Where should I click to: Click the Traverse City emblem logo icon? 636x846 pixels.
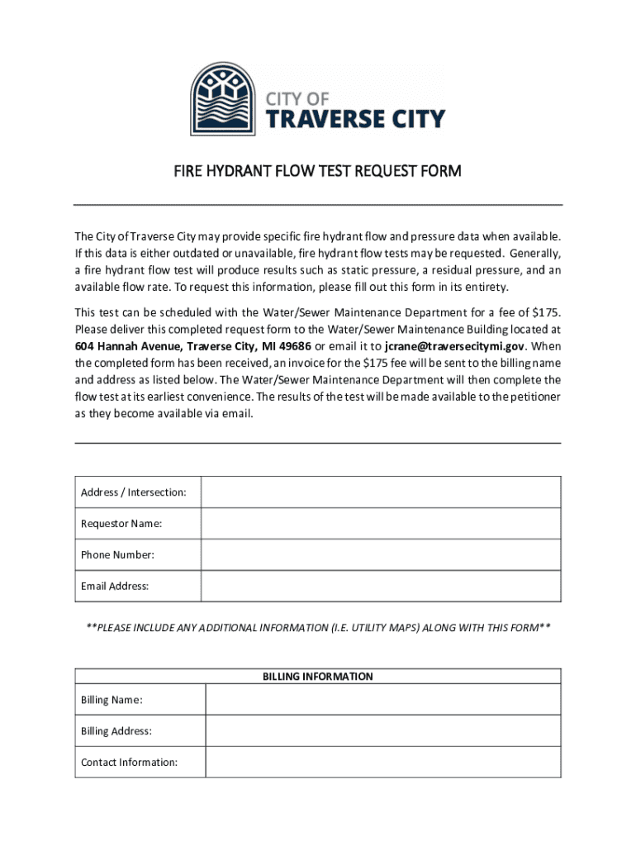click(223, 99)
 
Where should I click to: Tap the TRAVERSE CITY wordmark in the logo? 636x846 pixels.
click(355, 120)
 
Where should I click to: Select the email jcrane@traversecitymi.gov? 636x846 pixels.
click(455, 345)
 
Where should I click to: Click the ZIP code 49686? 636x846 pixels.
click(295, 345)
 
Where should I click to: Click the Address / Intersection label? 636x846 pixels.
click(133, 492)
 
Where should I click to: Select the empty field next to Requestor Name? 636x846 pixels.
click(381, 524)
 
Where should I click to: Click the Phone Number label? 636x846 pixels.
click(117, 555)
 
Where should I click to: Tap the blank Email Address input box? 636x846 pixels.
click(381, 587)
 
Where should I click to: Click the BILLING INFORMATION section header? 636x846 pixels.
click(318, 677)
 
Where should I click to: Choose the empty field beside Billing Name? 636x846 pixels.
click(382, 700)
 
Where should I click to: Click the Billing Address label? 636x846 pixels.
click(116, 731)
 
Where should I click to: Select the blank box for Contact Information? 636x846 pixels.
click(382, 763)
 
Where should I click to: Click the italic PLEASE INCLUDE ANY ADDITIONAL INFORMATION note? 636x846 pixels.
click(318, 628)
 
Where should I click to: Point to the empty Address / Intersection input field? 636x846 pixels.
click(381, 492)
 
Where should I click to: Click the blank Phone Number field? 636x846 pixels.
click(381, 555)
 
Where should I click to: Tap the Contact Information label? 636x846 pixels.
click(129, 763)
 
